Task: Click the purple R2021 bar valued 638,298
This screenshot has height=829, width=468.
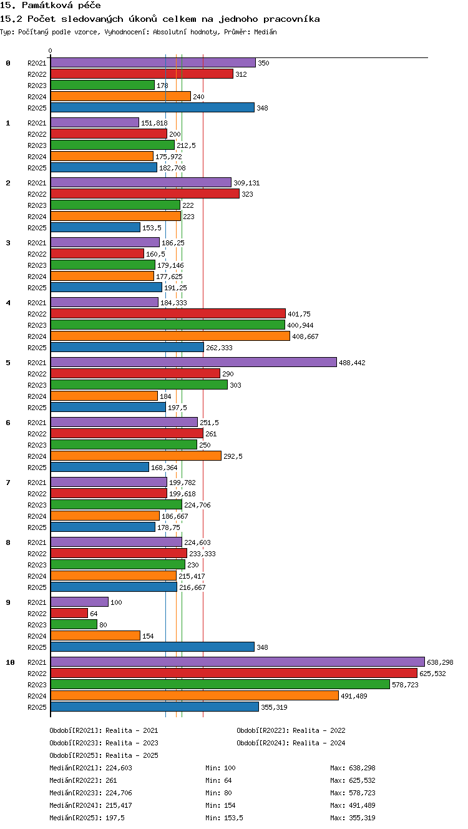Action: pos(238,662)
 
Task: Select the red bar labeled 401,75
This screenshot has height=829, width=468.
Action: pos(168,313)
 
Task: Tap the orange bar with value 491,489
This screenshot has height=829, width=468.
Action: pos(195,695)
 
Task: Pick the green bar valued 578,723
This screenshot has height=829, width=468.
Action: pos(220,684)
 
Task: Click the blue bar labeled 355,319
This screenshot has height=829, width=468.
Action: pos(155,707)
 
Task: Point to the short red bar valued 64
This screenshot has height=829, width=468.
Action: pos(69,613)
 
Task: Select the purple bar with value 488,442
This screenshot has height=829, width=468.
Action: pos(193,362)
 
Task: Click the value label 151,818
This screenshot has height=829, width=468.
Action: pos(154,123)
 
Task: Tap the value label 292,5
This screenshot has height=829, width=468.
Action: pos(233,456)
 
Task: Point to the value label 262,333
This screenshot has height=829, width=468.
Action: pos(219,348)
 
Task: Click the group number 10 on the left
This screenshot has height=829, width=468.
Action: pos(10,662)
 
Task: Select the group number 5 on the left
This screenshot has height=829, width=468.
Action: pos(8,363)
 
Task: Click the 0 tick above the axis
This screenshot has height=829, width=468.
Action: pos(51,51)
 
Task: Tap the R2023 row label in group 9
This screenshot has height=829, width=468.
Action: pos(37,625)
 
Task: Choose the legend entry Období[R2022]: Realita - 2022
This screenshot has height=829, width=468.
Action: pos(291,730)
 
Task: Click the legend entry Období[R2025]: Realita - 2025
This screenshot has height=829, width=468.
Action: pos(104,755)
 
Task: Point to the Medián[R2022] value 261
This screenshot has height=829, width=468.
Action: pos(111,780)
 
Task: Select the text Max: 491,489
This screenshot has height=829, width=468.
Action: pos(353,805)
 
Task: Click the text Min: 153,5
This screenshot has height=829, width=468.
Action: pos(224,818)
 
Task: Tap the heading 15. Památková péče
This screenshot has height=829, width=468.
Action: pos(51,5)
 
